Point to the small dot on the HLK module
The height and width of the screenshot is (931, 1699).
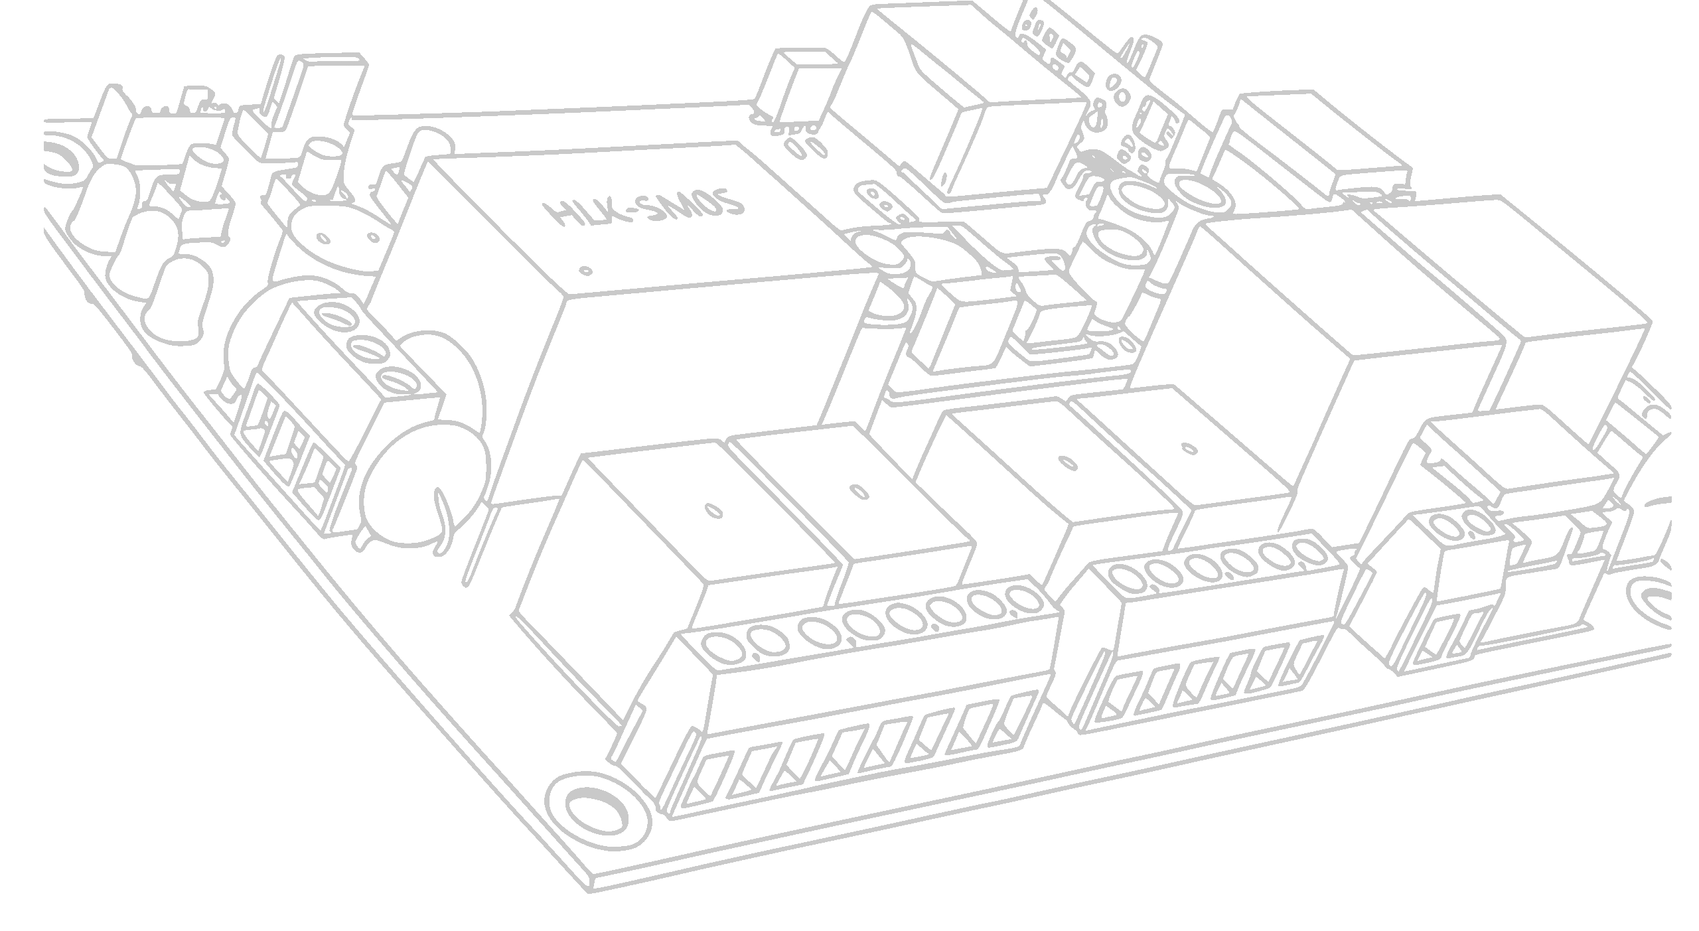pos(585,271)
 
